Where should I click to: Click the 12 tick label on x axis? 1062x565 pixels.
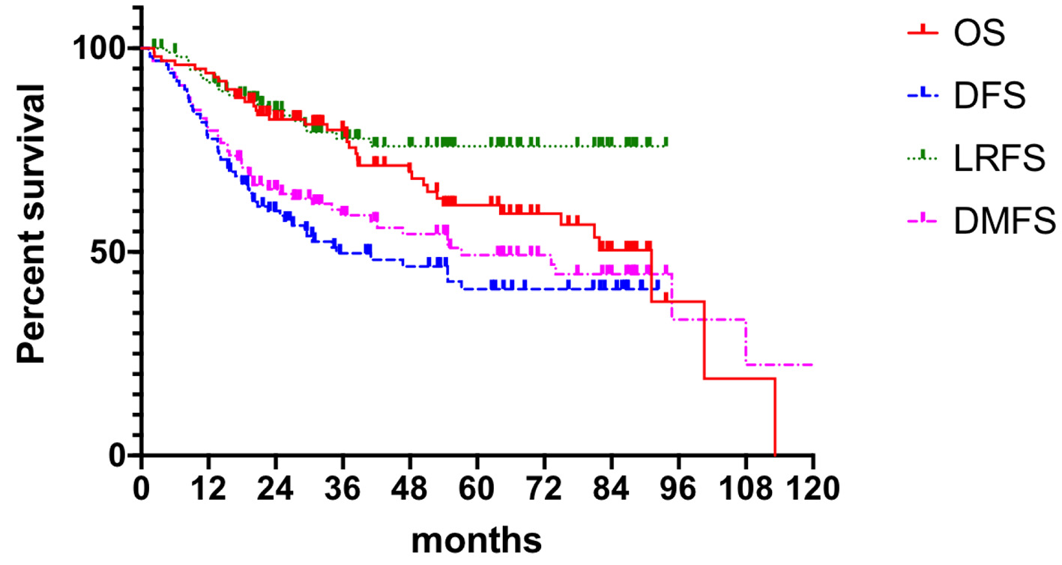click(208, 489)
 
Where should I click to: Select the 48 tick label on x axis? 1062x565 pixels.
click(410, 489)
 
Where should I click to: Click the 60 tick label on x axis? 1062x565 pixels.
click(477, 489)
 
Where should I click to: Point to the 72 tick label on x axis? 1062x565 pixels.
click(545, 489)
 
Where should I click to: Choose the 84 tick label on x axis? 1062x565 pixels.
click(612, 489)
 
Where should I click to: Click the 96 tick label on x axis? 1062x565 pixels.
click(679, 489)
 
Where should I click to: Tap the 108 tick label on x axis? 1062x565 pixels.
click(746, 489)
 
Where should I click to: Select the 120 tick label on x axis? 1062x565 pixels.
click(813, 489)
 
